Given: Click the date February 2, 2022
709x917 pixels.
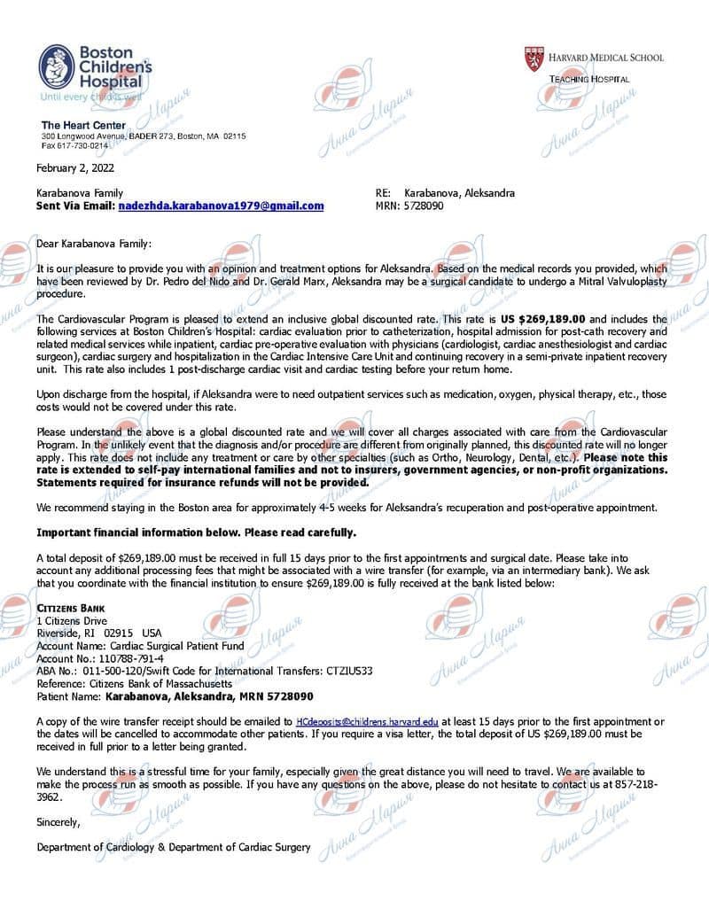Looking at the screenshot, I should point(74,167).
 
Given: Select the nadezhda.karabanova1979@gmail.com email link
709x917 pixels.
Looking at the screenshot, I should point(221,206).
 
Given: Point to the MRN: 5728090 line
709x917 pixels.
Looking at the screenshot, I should point(409,206).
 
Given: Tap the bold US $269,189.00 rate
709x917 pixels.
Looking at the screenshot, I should point(542,318).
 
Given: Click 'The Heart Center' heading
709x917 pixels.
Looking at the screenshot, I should point(83,126).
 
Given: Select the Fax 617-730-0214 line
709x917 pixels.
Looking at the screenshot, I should point(74,145).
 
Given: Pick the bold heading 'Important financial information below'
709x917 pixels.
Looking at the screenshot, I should point(196,532).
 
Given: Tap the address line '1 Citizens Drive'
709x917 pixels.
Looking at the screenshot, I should point(72,621).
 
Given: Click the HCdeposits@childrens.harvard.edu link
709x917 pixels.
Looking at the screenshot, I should point(367,722).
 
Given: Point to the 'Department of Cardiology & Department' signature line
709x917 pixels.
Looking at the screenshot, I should point(174,847).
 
